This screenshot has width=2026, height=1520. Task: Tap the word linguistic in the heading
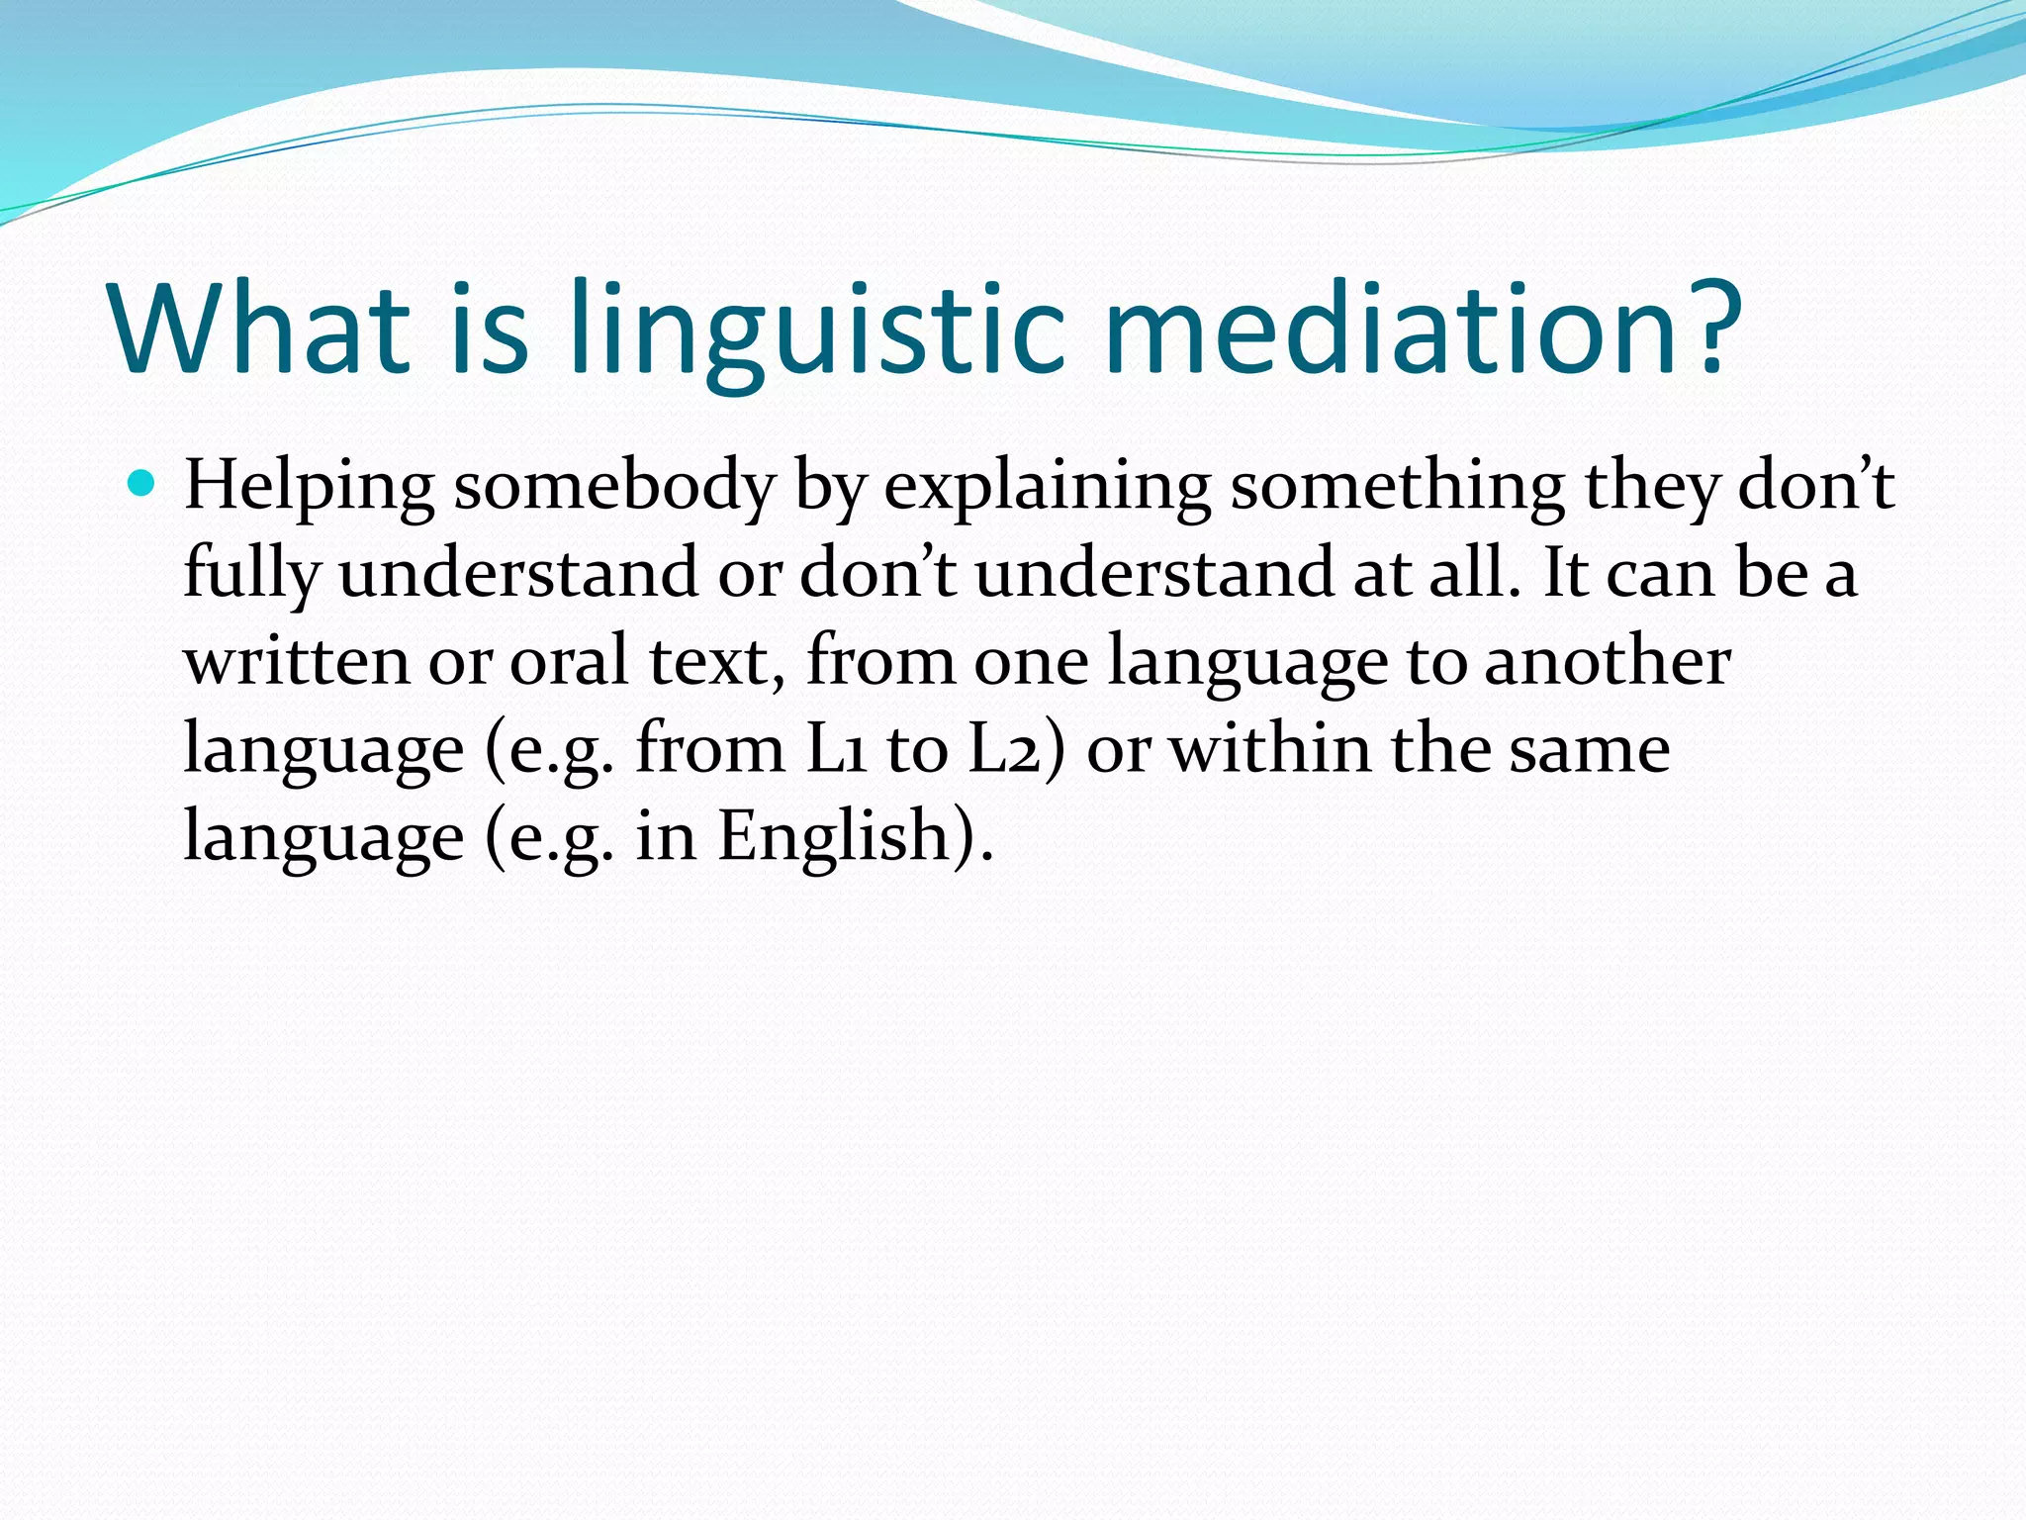coord(817,329)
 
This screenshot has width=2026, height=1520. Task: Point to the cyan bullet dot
coord(142,484)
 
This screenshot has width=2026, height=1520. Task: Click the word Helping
coord(309,488)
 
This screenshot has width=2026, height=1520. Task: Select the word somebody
coord(613,488)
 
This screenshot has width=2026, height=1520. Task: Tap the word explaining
coord(1047,488)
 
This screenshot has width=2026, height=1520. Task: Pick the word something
coord(1397,486)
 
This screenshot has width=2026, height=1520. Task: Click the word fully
coord(252,575)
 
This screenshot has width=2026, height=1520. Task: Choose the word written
coord(296,661)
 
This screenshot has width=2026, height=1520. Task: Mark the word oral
coord(569,661)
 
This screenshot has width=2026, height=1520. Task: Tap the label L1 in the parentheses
coord(837,749)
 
